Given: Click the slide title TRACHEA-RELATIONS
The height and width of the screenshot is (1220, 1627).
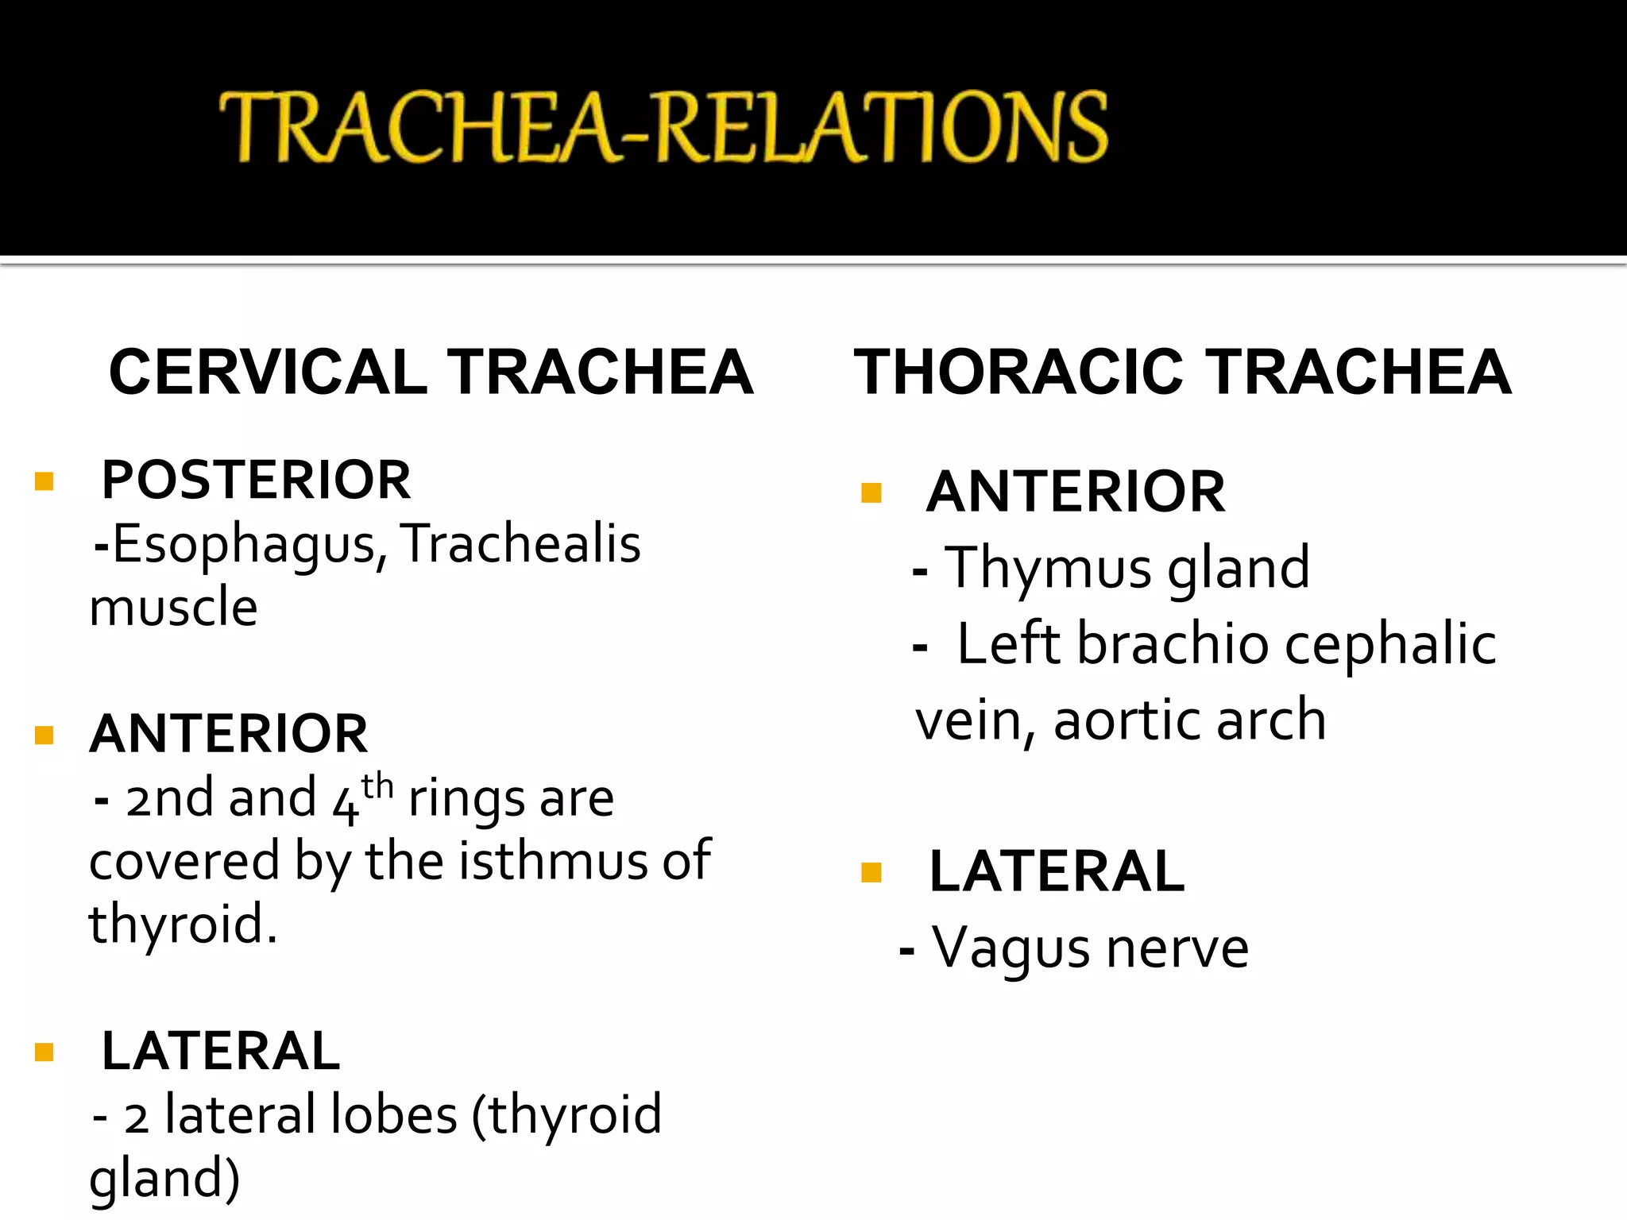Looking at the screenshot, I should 663,127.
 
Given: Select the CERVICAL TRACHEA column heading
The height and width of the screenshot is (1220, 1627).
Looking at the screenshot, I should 431,372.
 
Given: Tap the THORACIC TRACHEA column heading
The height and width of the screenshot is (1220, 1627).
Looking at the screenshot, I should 1182,372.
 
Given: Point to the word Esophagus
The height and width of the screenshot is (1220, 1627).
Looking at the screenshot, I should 244,546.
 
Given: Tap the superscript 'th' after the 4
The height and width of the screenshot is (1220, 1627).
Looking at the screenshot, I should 377,786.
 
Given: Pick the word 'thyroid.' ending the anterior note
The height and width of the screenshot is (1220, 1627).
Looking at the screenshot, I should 183,925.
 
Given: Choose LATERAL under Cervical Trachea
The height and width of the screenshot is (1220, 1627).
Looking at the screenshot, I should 221,1051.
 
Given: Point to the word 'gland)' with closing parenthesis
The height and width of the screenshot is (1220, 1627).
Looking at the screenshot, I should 164,1179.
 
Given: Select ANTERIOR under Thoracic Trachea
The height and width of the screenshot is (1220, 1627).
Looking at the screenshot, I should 1076,492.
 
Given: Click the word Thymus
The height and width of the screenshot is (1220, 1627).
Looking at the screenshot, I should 1049,569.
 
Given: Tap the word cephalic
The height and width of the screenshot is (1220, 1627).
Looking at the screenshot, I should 1390,644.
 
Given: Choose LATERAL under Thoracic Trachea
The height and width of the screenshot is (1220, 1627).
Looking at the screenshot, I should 1057,871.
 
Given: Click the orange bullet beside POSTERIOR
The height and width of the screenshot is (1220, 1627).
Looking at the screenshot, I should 44,481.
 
